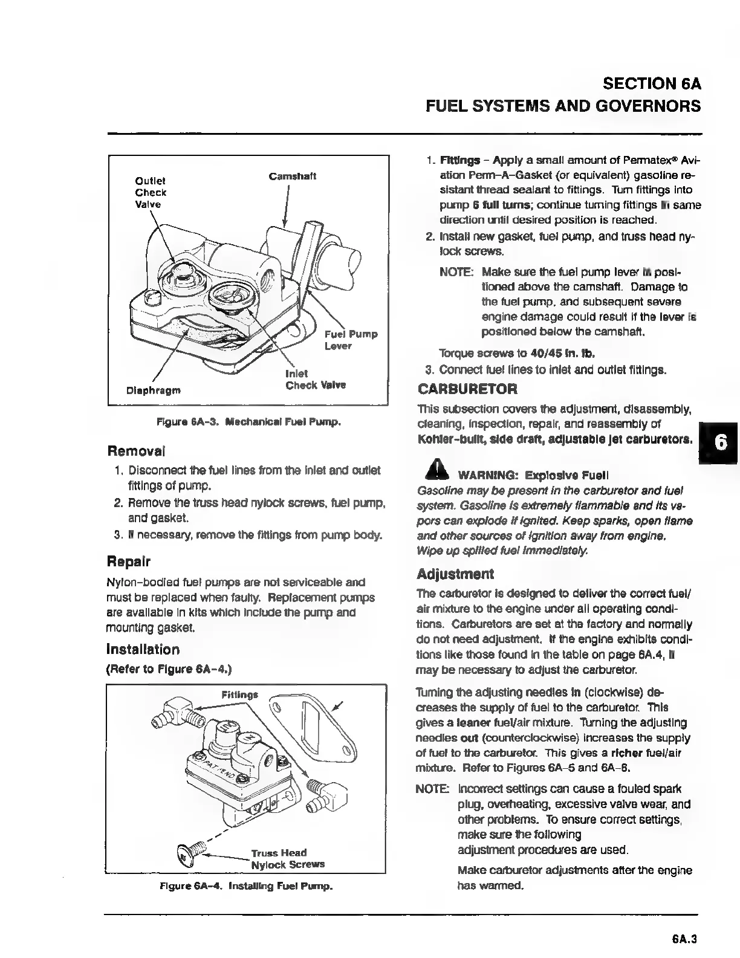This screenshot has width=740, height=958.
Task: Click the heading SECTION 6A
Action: tap(652, 84)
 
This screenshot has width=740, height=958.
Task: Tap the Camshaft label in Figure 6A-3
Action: tap(293, 176)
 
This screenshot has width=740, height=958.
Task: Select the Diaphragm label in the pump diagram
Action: tap(153, 390)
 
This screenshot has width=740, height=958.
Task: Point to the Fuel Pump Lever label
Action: tap(351, 340)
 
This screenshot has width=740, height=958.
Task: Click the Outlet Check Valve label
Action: tap(151, 192)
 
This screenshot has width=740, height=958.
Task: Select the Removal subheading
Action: tap(136, 451)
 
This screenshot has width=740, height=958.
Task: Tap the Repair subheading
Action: tap(129, 561)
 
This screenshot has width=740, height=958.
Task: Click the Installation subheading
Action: tap(143, 650)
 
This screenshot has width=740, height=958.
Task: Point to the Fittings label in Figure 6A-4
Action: tap(239, 694)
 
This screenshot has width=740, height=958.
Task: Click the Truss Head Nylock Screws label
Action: tap(288, 858)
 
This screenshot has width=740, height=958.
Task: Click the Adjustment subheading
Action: tap(455, 574)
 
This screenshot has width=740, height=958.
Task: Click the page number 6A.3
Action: tap(684, 939)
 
